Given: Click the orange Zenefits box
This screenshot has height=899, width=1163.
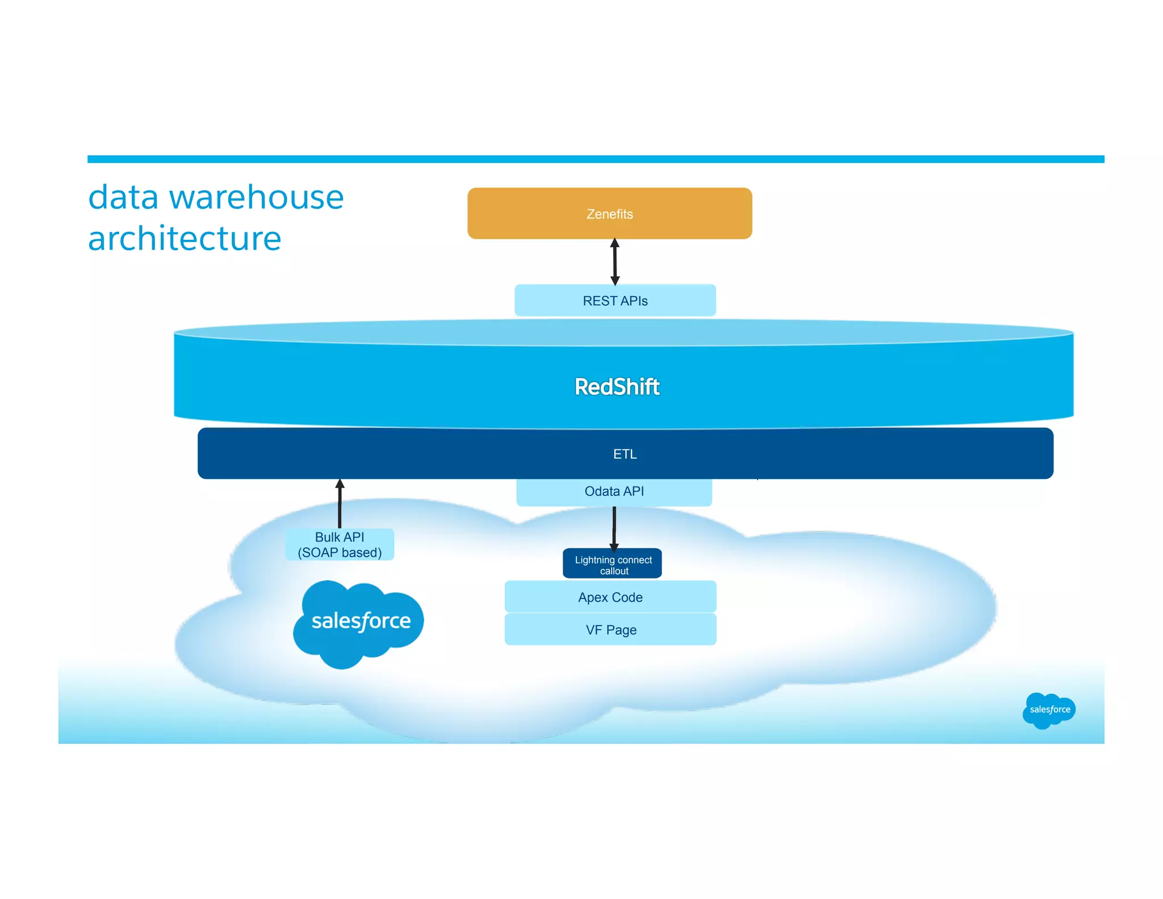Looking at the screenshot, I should click(x=609, y=214).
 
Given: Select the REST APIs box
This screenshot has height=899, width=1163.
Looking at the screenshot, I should click(x=615, y=301).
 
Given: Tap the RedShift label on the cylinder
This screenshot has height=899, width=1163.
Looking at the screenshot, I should click(x=617, y=386).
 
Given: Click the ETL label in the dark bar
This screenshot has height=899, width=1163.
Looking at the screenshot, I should click(x=625, y=454).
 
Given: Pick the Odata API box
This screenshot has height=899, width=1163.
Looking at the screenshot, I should click(x=614, y=492).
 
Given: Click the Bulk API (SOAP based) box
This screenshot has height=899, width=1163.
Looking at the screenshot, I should click(x=340, y=544).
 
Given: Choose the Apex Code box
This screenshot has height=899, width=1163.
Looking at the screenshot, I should click(x=610, y=597).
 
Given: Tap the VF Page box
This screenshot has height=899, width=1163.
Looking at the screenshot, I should click(x=610, y=630).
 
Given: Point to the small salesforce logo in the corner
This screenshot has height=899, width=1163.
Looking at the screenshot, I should click(x=1049, y=710).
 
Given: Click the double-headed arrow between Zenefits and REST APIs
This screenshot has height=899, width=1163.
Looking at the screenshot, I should click(x=614, y=262).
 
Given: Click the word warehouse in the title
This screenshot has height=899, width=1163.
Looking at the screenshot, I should click(x=256, y=198).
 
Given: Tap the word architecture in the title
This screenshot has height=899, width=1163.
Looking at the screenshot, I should click(x=185, y=238).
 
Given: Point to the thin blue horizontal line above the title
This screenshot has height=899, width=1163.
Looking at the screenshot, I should click(x=595, y=159).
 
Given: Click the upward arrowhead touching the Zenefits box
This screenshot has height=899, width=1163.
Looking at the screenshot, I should click(x=614, y=243).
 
